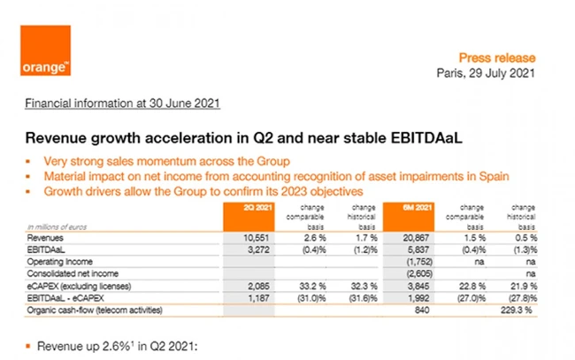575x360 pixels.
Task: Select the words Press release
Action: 496,57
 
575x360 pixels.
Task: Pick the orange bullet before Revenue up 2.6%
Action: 30,342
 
